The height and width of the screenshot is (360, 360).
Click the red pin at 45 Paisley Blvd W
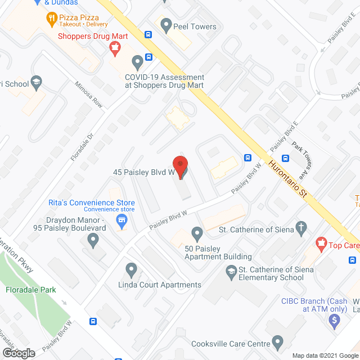180,166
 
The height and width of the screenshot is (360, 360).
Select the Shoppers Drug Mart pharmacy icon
116,49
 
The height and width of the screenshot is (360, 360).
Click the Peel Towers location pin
166,25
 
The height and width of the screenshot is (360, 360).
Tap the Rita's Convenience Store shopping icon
120,220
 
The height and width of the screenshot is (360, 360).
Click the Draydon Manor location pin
93,241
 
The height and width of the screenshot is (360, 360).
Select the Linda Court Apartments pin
132,270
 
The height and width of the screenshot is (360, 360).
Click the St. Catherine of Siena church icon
301,228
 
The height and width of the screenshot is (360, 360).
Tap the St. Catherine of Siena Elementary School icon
231,273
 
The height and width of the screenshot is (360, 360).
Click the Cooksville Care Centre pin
277,341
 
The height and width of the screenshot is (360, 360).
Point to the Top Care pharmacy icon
321,244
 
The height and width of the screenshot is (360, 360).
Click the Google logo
18,353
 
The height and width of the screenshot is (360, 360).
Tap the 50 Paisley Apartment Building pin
197,233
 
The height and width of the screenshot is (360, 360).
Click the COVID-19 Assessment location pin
137,62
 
